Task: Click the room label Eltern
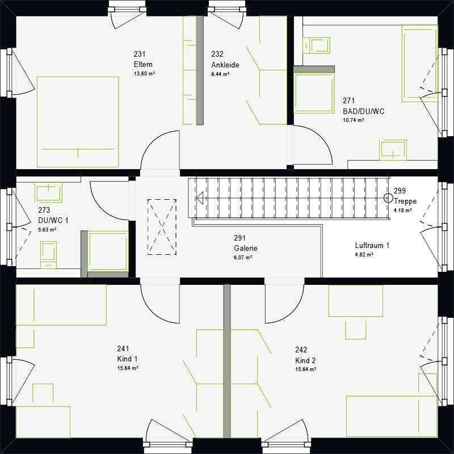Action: (143, 64)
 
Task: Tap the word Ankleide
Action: (225, 65)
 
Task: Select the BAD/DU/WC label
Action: (364, 111)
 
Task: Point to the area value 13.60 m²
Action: (144, 74)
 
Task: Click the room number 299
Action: (400, 191)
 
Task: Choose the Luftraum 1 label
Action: (372, 246)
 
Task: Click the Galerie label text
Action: (246, 249)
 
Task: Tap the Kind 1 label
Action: (127, 359)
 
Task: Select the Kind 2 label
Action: (305, 361)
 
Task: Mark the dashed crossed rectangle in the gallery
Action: (162, 227)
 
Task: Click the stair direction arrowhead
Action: (200, 198)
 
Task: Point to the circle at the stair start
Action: (388, 198)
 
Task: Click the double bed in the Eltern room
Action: (78, 122)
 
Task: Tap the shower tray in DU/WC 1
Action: (108, 251)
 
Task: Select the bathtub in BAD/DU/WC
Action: (419, 64)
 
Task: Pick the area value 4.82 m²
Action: (364, 255)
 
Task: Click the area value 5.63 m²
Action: (47, 230)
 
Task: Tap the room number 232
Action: (217, 54)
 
